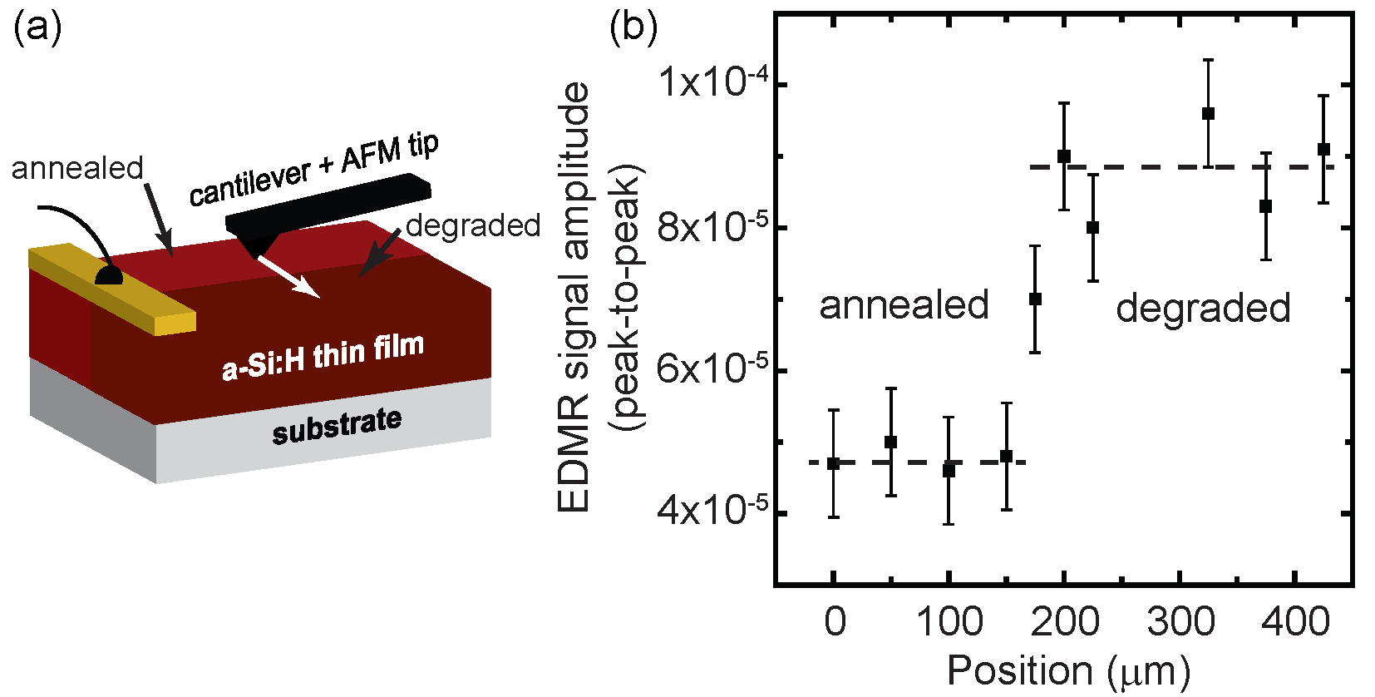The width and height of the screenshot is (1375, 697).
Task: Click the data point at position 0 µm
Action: (833, 463)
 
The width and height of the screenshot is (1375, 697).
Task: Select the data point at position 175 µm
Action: (1035, 299)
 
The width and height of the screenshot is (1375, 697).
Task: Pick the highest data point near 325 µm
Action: (1208, 113)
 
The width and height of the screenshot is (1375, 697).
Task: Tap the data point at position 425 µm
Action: (1323, 150)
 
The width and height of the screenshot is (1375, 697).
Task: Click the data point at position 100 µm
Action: (949, 470)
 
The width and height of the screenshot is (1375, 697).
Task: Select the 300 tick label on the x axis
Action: (1180, 621)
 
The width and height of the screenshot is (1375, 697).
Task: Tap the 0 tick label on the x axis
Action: (834, 621)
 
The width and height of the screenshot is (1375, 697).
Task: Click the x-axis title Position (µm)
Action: (1068, 670)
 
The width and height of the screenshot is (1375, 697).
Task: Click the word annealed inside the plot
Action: (904, 305)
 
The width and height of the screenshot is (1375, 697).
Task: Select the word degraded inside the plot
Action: (1202, 308)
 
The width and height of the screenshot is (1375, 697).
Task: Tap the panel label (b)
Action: (633, 27)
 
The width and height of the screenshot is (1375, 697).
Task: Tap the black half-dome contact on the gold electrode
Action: (109, 275)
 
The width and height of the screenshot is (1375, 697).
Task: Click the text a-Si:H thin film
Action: (323, 356)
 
